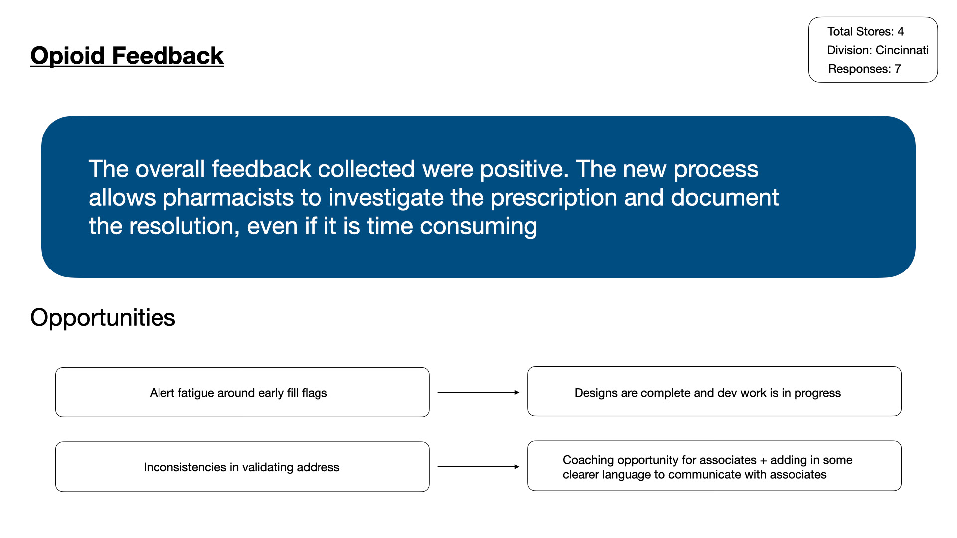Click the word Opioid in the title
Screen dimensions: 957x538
[67, 55]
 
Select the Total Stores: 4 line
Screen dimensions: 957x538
[865, 31]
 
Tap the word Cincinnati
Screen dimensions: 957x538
[902, 50]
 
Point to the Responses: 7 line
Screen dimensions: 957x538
[864, 69]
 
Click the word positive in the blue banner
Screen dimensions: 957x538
[523, 169]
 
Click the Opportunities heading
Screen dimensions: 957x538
[103, 317]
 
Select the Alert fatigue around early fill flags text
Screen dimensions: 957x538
[238, 393]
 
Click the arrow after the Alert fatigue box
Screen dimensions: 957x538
[478, 393]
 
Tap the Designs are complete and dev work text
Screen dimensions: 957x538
[707, 393]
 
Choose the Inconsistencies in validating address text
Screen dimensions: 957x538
[241, 467]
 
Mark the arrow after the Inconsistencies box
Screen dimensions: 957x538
[478, 467]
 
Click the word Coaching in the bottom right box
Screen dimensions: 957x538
[585, 460]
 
